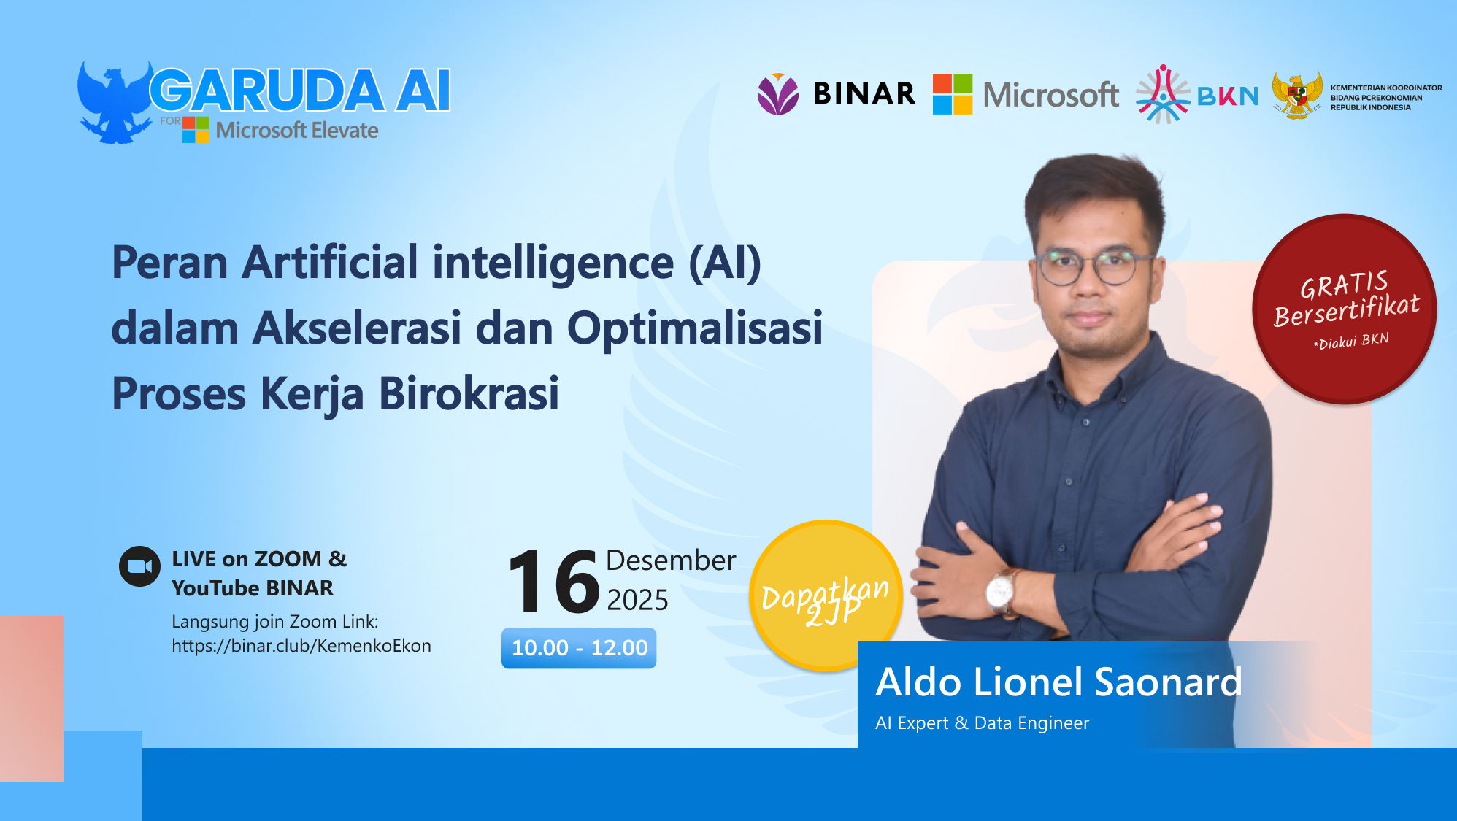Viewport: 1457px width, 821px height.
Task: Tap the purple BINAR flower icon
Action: tap(778, 94)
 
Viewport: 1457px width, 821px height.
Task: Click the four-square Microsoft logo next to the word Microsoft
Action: tap(953, 95)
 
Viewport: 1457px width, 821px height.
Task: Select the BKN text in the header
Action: tap(1228, 96)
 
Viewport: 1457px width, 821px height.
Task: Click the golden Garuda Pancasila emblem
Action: tap(1297, 96)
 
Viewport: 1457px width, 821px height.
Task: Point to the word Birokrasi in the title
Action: tap(469, 394)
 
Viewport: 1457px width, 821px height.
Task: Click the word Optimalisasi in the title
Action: tap(694, 328)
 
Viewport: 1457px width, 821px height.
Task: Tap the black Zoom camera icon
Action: tap(139, 566)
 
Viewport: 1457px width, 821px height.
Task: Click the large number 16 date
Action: tap(553, 582)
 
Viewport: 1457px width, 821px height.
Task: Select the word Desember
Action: tap(670, 560)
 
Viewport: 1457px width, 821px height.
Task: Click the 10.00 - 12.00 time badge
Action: tap(579, 648)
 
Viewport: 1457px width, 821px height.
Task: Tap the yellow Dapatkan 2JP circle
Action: tap(825, 595)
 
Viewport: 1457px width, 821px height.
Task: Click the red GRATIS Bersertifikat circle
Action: tap(1345, 309)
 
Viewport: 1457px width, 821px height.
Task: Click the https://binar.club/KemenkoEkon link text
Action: tap(301, 646)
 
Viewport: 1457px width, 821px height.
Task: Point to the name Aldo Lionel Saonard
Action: tap(1058, 682)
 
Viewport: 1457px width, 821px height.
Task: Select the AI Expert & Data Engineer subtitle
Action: tap(982, 723)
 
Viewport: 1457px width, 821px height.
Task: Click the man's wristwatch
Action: tap(1001, 590)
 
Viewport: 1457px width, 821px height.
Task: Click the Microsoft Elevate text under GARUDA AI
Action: tap(296, 131)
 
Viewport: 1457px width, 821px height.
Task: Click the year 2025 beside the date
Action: tap(637, 600)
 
